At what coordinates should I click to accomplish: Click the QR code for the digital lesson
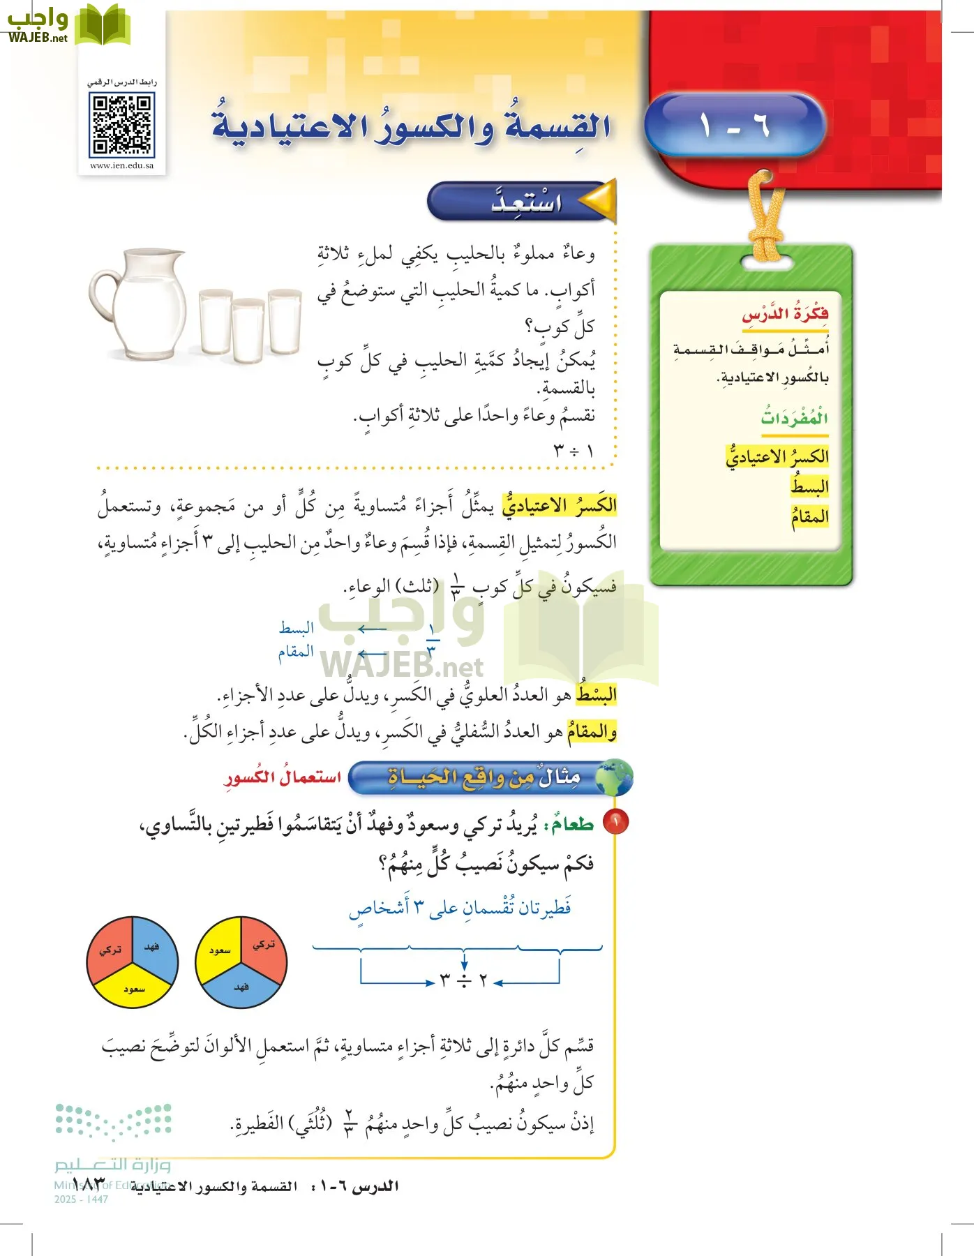[x=121, y=126]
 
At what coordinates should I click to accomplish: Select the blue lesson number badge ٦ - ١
[x=735, y=126]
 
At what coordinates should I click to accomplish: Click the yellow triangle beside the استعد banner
[x=599, y=200]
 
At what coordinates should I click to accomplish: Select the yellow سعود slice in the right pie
[x=218, y=949]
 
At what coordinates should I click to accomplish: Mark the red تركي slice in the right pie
[x=264, y=948]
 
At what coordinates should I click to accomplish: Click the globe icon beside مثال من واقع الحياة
[x=615, y=777]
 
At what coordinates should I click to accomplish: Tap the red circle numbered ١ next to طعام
[x=616, y=822]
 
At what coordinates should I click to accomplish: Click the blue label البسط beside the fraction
[x=297, y=628]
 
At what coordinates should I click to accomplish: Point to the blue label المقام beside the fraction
[x=296, y=652]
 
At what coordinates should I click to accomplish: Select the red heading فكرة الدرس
[x=785, y=314]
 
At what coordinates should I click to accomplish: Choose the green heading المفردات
[x=794, y=418]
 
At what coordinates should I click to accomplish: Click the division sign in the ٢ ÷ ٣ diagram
[x=464, y=981]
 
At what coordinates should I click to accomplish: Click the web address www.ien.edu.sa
[x=122, y=166]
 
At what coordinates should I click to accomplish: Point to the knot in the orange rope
[x=765, y=246]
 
